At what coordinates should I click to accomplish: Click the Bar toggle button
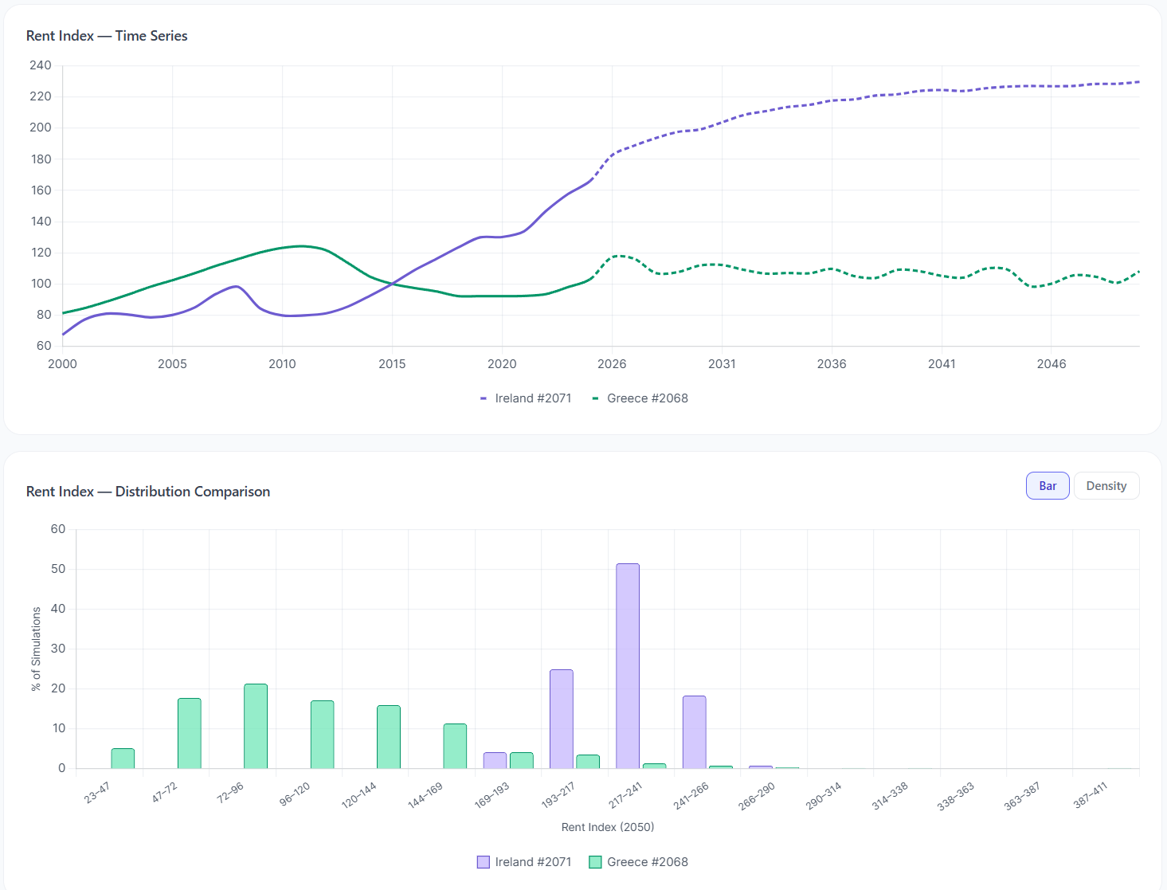click(1047, 486)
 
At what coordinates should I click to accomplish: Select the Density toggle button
click(1106, 486)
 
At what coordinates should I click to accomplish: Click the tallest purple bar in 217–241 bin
click(628, 665)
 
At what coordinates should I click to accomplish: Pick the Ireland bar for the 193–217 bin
click(562, 719)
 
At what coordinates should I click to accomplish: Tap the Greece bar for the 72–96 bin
click(256, 726)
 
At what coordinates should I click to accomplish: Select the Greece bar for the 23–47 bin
click(123, 759)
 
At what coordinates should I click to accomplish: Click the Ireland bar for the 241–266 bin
click(694, 731)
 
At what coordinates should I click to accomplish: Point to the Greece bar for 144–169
click(455, 746)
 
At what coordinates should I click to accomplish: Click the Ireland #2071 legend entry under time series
click(526, 398)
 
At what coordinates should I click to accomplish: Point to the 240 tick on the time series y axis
click(41, 65)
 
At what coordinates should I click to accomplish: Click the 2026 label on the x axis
click(612, 364)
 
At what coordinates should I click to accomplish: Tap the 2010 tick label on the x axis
click(282, 364)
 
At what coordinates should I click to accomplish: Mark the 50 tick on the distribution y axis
click(58, 569)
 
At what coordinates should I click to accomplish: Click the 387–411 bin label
click(1091, 795)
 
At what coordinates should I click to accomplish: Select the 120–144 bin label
click(359, 795)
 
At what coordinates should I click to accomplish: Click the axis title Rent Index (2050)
click(608, 827)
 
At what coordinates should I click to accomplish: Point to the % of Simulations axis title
click(36, 649)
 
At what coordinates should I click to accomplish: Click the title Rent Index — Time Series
click(107, 36)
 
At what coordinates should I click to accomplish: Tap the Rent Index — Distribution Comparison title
click(148, 492)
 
